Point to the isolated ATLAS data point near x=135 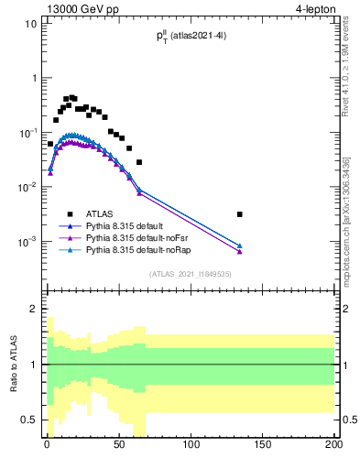pos(239,214)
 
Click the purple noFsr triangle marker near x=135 pos(239,251)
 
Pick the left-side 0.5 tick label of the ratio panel pos(29,420)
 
